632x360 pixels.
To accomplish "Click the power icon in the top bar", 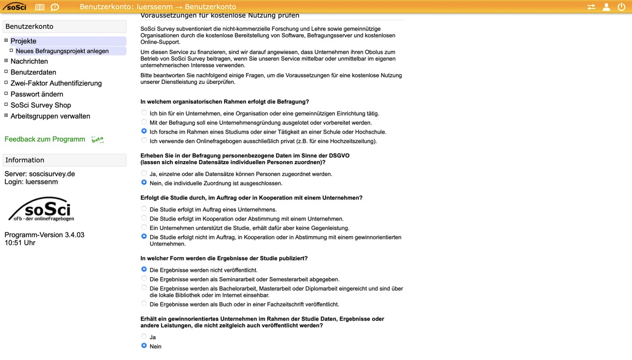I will [622, 7].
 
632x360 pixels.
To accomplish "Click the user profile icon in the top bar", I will [606, 7].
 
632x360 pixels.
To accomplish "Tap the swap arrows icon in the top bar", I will [591, 7].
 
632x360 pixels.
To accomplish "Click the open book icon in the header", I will [39, 7].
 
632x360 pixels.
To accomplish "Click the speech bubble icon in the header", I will [55, 7].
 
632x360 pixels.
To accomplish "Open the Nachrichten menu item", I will [29, 61].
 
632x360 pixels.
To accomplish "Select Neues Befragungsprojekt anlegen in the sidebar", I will [62, 51].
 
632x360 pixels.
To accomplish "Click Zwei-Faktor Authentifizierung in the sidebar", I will [56, 83].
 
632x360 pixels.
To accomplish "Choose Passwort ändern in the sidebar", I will [37, 94].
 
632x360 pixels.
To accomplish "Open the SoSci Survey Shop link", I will [40, 105].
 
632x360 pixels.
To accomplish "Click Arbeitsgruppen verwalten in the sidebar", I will [50, 116].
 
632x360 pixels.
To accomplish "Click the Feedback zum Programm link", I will [45, 139].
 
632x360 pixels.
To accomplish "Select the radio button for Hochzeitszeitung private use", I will [144, 140].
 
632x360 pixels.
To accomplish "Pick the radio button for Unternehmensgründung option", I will [144, 122].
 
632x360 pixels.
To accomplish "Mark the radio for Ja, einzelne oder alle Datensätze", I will [144, 174].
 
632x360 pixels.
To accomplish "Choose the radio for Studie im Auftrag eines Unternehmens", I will [144, 209].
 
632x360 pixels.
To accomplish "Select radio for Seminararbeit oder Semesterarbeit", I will [144, 279].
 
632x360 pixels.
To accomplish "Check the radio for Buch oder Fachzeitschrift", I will [144, 304].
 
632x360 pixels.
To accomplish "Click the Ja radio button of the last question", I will [144, 337].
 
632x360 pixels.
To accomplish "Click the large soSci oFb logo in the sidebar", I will [41, 209].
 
